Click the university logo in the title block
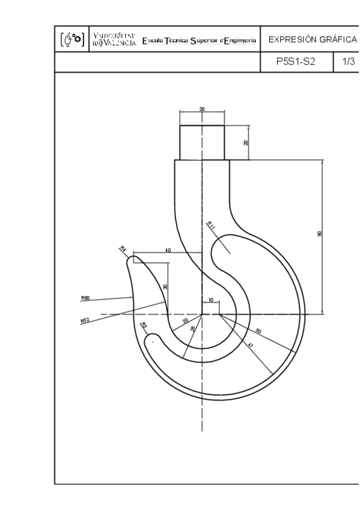(x=72, y=40)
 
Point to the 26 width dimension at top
(x=202, y=109)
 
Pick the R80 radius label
(x=85, y=297)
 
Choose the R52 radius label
(x=85, y=321)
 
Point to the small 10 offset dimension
(x=211, y=300)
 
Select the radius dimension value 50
(x=258, y=331)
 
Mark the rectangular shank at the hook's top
(x=202, y=143)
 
